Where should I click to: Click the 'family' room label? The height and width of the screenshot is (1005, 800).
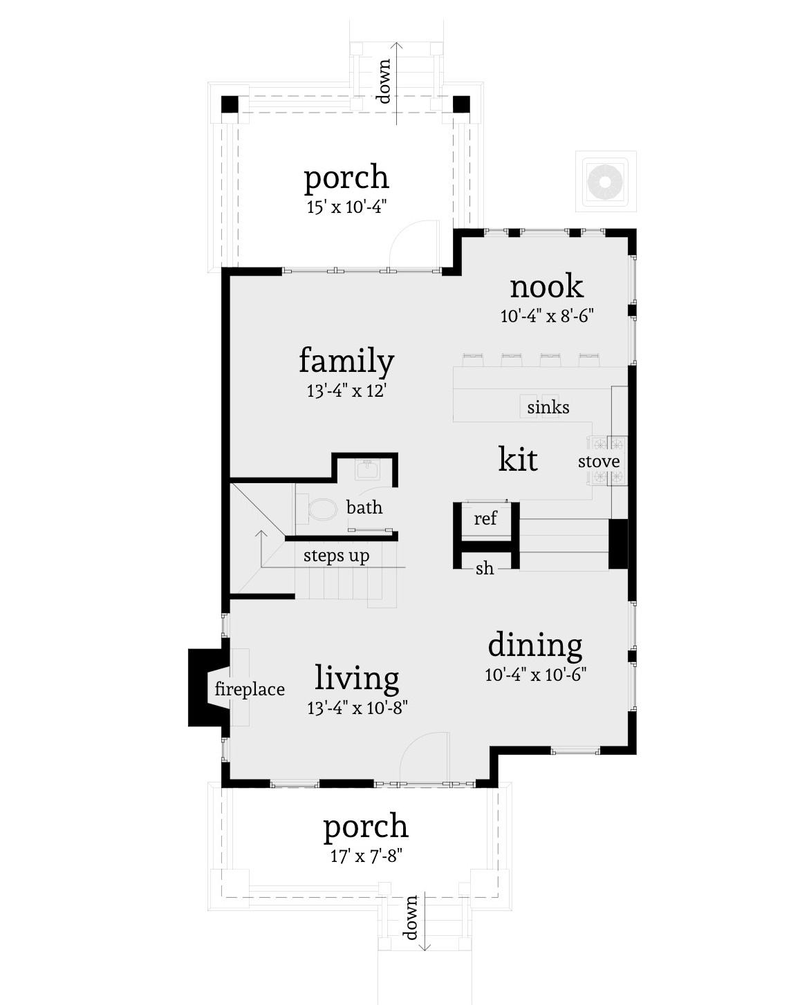tap(346, 361)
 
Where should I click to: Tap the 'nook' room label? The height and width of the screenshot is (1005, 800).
tap(546, 286)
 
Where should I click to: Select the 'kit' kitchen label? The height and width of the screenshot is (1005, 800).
tap(518, 459)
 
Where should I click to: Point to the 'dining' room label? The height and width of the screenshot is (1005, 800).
tap(535, 645)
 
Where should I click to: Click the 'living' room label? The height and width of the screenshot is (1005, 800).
tap(357, 678)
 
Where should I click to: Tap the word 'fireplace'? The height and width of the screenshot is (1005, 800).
tap(250, 689)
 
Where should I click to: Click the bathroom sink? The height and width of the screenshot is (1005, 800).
tap(366, 469)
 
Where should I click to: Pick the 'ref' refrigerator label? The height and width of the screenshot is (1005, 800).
tap(485, 518)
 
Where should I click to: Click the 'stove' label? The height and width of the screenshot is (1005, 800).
tap(599, 462)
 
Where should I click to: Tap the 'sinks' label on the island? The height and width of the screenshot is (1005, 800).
tap(548, 407)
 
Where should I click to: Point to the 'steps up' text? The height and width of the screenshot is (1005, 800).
tap(336, 556)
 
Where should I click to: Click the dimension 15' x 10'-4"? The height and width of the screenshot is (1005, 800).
tap(346, 207)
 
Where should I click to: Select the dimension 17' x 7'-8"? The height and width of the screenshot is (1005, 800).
tap(366, 856)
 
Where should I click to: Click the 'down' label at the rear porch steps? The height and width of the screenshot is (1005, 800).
tap(383, 82)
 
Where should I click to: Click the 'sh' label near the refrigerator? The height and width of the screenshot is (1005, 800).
tap(485, 569)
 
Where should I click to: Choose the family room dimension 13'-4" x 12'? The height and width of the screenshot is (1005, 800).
tap(346, 391)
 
